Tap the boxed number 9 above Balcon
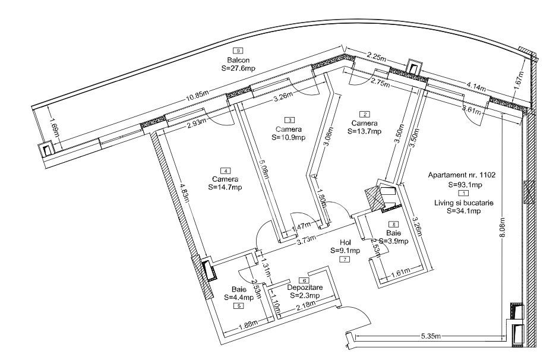click(238, 51)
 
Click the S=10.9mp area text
click(288, 137)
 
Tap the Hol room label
click(346, 242)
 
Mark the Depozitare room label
click(304, 288)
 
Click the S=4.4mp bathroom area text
click(239, 297)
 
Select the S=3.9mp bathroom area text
click(393, 241)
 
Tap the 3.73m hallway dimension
click(307, 239)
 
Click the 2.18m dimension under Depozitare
click(292, 306)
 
